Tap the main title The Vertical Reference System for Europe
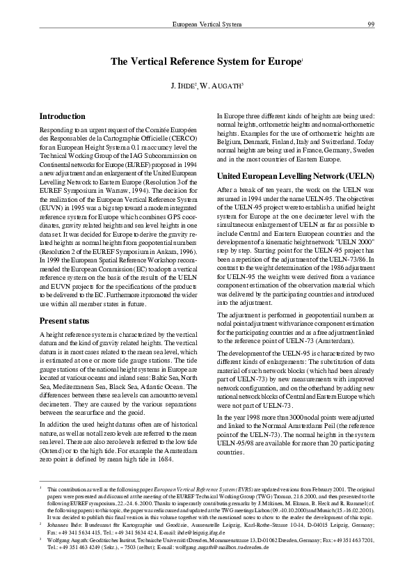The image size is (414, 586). pos(206,62)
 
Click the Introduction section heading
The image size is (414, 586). pos(63,116)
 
